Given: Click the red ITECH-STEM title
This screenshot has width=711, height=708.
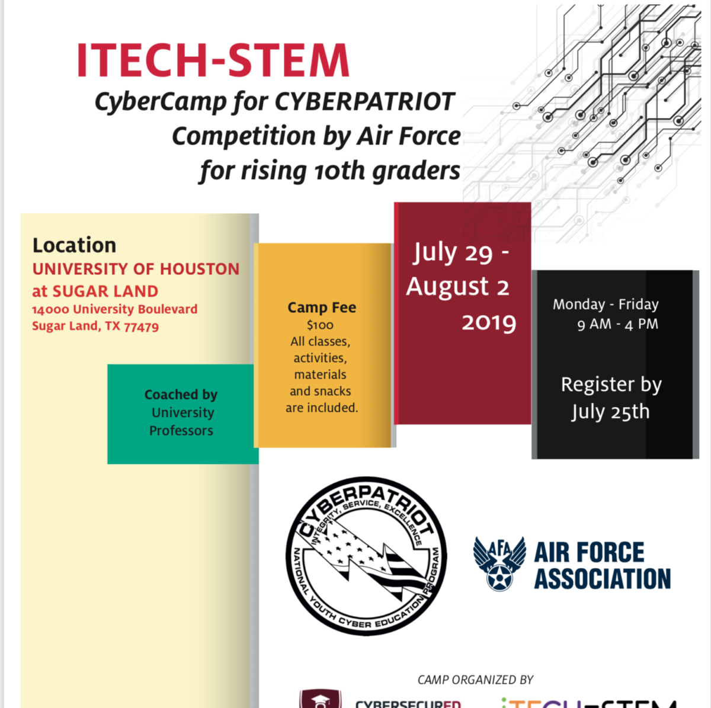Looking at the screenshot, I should tap(213, 60).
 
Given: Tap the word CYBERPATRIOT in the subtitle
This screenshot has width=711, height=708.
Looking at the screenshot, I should tap(364, 102).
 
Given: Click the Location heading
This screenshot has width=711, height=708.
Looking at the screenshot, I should tap(74, 245).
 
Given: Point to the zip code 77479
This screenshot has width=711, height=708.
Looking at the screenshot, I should tap(141, 326).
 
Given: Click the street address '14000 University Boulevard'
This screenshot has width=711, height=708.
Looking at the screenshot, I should tap(114, 309).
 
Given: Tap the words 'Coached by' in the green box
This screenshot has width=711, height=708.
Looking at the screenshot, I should tap(181, 395).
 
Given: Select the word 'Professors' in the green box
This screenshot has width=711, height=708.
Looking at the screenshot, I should tap(181, 431).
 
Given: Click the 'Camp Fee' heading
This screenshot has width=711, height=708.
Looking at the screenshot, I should tap(322, 307).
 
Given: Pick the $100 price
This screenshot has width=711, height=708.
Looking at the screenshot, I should tap(320, 325).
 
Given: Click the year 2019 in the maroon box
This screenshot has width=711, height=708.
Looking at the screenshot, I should tap(489, 323).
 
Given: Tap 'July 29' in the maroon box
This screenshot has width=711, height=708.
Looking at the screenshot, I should tap(453, 252).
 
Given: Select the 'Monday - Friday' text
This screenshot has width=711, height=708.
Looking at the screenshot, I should tap(606, 305).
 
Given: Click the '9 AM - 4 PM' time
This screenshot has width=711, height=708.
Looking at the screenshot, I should tap(617, 324).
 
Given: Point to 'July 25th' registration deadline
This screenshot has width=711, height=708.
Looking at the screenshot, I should tap(610, 412).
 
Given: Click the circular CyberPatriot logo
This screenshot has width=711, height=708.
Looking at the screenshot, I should tap(366, 556).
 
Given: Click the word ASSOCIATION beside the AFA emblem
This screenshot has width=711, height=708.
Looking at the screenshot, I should tap(603, 579).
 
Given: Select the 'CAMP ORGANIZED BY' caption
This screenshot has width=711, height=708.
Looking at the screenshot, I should tap(475, 680).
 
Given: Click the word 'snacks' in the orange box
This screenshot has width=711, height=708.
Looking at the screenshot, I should tap(336, 391).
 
